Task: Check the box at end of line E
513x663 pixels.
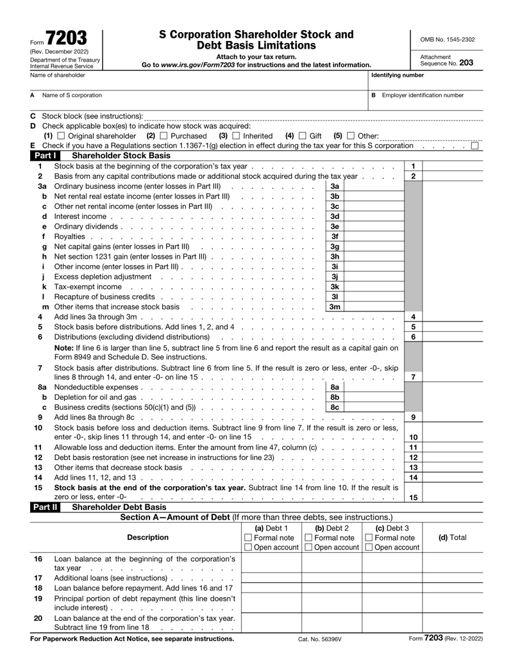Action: click(x=475, y=147)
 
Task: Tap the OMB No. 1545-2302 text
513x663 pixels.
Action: click(x=448, y=39)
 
